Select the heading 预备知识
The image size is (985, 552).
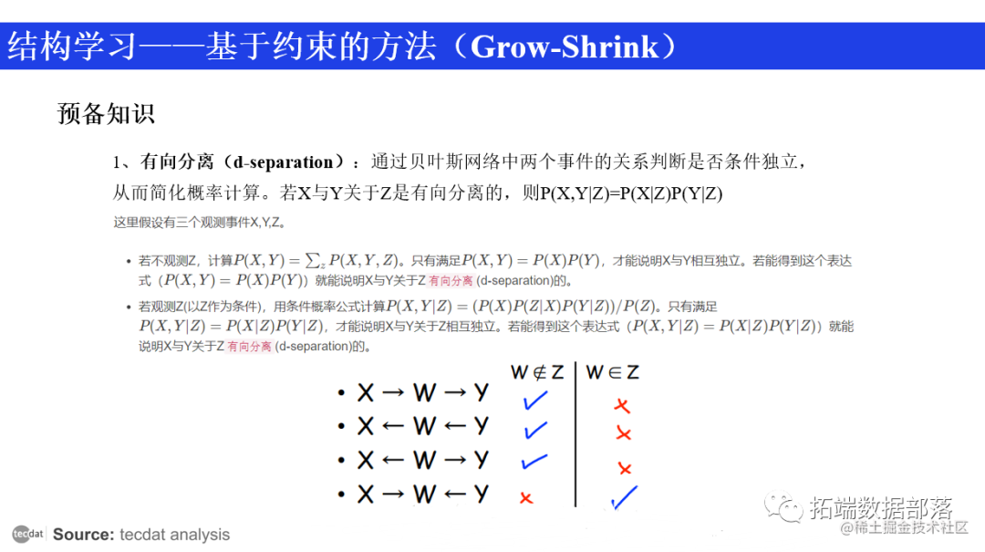[x=106, y=113]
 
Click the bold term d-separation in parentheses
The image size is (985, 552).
[x=284, y=162]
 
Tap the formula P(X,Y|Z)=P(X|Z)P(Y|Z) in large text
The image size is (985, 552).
[x=631, y=193]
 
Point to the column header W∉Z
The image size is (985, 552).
[x=536, y=372]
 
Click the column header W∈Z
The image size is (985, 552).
[x=612, y=372]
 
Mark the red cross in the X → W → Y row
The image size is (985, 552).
[x=621, y=406]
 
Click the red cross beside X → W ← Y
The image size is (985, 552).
[x=525, y=497]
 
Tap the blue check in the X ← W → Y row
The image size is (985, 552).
[x=534, y=462]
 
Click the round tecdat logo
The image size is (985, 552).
[x=27, y=534]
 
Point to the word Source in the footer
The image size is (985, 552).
[x=83, y=535]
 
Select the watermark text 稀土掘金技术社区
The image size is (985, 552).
[x=912, y=528]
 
